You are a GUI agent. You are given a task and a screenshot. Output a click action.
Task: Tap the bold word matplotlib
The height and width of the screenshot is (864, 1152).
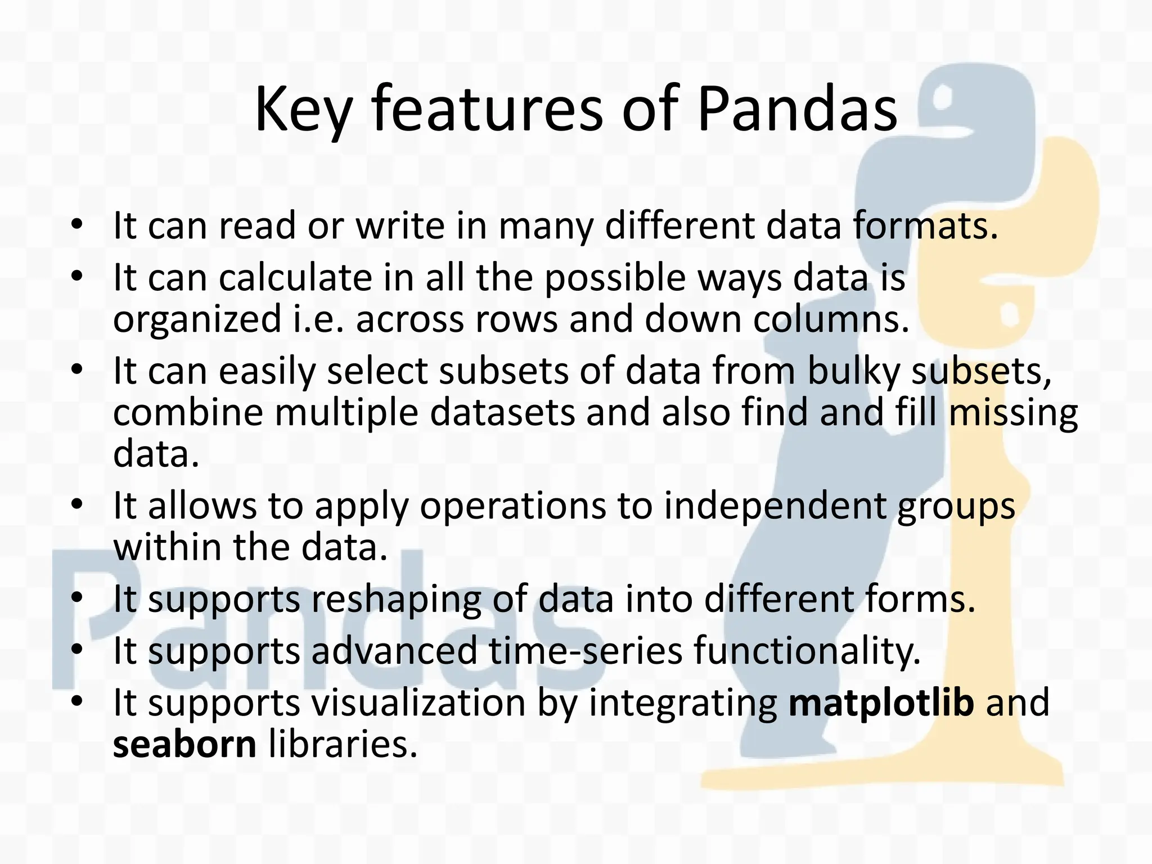(881, 703)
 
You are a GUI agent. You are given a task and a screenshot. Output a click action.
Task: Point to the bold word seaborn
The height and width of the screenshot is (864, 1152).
(184, 744)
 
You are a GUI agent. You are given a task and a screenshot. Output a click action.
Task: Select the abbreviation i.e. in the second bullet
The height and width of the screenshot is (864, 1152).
(318, 319)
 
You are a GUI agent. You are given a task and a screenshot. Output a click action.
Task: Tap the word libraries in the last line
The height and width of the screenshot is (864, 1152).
(343, 744)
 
